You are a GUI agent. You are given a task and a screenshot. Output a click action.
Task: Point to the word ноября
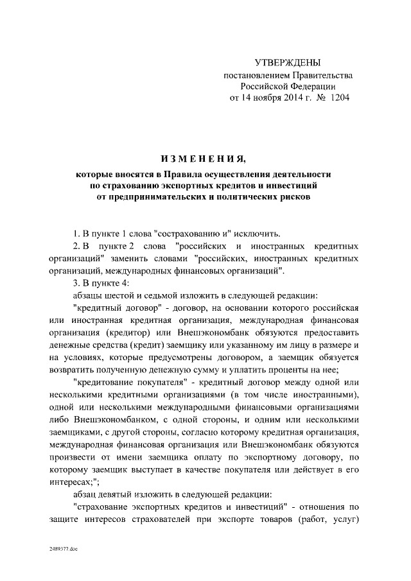[263, 98]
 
